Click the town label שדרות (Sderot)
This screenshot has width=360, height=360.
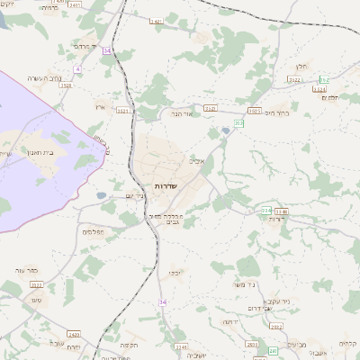[x=164, y=184]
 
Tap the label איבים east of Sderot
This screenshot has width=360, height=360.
[x=198, y=162]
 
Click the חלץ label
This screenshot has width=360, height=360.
[x=301, y=67]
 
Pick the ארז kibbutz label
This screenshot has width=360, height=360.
[x=100, y=106]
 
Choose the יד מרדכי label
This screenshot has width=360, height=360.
[x=85, y=46]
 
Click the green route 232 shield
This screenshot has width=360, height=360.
[x=238, y=121]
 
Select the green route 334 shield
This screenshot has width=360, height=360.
[x=266, y=211]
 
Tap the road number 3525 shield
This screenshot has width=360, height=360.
[x=211, y=108]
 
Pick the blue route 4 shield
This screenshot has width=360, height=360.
[x=78, y=68]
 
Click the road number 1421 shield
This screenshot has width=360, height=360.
[x=156, y=21]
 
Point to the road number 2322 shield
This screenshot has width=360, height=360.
[x=294, y=79]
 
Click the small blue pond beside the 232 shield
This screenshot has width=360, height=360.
[x=225, y=130]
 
